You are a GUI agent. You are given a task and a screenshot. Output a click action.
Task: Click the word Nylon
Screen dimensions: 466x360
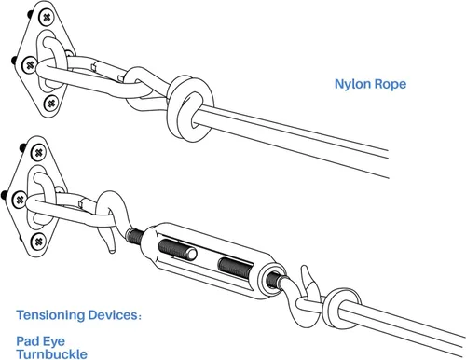point(352,85)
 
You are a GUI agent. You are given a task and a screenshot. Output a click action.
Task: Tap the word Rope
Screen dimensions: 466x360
point(390,85)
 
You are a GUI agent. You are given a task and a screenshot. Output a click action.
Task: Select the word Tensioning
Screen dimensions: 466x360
point(50,315)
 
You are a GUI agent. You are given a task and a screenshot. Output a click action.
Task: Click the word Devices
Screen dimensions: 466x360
point(113,315)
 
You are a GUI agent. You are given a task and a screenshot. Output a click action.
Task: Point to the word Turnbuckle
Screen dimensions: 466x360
point(52,354)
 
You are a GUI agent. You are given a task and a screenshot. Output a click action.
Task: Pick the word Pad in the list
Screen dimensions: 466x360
point(26,341)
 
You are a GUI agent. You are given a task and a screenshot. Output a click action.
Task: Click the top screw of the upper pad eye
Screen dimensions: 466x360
point(47,18)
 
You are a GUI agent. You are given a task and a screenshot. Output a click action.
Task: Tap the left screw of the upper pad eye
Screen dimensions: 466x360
point(30,65)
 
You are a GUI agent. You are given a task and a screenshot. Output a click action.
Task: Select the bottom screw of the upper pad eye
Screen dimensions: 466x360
point(51,103)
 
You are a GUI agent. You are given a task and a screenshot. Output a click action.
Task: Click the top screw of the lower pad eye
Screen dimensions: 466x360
point(38,153)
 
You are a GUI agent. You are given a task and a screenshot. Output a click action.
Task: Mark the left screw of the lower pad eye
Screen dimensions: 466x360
point(20,200)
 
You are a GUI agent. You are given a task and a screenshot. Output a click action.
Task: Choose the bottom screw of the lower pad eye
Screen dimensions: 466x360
point(38,242)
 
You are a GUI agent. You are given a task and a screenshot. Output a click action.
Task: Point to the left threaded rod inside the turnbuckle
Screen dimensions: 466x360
point(177,250)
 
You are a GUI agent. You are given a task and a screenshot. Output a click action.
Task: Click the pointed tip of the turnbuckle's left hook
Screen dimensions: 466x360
point(110,251)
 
